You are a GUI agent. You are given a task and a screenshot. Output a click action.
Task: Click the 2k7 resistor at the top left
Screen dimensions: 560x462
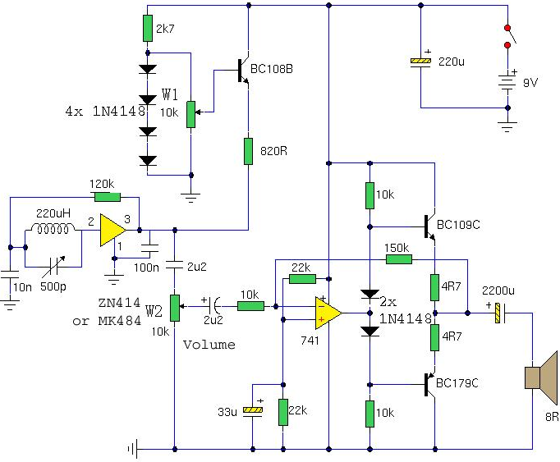pyautogui.click(x=148, y=28)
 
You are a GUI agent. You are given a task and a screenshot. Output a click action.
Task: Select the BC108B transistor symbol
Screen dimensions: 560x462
pyautogui.click(x=243, y=71)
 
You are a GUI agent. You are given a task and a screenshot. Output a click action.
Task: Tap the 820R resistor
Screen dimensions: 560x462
pyautogui.click(x=248, y=151)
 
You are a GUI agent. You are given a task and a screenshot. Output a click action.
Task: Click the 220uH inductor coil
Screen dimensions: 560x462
pyautogui.click(x=53, y=228)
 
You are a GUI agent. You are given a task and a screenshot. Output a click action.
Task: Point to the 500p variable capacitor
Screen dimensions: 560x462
pyautogui.click(x=53, y=267)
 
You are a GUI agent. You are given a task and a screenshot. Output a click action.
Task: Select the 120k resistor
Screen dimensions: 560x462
pyautogui.click(x=108, y=197)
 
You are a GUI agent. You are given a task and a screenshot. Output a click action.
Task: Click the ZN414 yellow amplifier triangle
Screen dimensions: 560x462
pyautogui.click(x=112, y=231)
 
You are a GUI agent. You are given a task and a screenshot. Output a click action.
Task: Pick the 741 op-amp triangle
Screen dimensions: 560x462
pyautogui.click(x=328, y=313)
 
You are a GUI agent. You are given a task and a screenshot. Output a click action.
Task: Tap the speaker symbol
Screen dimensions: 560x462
pyautogui.click(x=541, y=377)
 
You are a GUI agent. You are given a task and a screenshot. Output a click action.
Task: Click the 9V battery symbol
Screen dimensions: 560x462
pyautogui.click(x=507, y=83)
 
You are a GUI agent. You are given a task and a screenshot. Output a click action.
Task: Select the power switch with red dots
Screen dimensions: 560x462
pyautogui.click(x=509, y=36)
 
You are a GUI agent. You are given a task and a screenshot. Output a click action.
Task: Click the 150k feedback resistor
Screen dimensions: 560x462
pyautogui.click(x=399, y=259)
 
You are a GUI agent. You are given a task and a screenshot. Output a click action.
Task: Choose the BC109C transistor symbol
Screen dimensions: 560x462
pyautogui.click(x=429, y=226)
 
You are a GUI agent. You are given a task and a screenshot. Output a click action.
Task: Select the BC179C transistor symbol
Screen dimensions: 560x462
pyautogui.click(x=429, y=385)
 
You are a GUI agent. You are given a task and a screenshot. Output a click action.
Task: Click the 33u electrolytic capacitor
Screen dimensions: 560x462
pyautogui.click(x=253, y=409)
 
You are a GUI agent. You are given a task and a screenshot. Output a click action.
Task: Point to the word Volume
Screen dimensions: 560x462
pyautogui.click(x=209, y=345)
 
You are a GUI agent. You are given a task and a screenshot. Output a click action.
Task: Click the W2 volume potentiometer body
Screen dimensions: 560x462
pyautogui.click(x=175, y=308)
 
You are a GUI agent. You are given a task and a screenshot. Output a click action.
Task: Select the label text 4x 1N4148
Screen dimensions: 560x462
pyautogui.click(x=106, y=112)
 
